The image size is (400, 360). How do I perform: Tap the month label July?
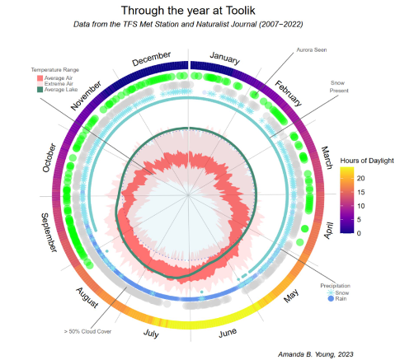click(152, 333)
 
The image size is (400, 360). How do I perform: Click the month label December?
click(151, 60)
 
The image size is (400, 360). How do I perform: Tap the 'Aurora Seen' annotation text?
click(314, 50)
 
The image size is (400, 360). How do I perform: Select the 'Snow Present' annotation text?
click(337, 86)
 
